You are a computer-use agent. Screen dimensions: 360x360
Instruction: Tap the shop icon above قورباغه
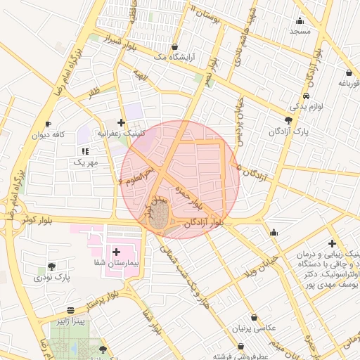(349, 72)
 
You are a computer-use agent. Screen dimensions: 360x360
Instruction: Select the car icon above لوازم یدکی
(306, 96)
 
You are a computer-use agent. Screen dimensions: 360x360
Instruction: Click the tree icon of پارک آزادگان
(289, 121)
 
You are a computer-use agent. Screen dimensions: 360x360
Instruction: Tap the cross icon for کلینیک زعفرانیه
(121, 122)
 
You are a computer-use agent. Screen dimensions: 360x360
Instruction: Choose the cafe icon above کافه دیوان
(48, 124)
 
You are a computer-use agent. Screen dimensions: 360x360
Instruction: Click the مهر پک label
(86, 162)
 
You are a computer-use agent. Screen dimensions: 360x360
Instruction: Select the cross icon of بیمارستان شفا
(116, 251)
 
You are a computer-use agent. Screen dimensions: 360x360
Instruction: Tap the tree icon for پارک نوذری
(51, 266)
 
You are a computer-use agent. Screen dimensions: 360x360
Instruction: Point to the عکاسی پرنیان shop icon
(254, 317)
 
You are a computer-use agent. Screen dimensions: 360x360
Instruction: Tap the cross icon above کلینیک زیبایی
(332, 243)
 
